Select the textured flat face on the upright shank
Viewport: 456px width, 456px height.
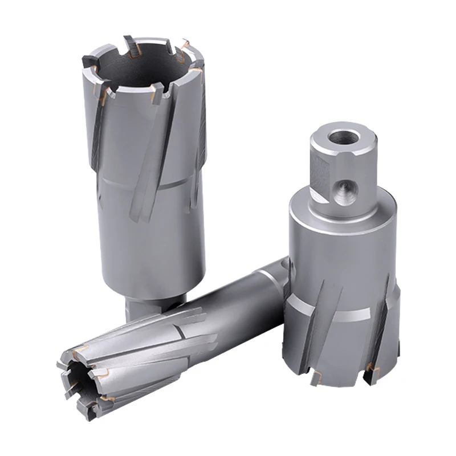(320, 174)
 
